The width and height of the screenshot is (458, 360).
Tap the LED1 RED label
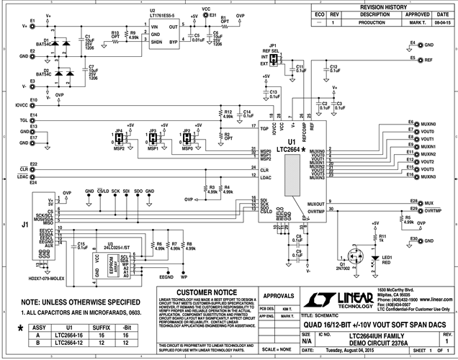click(387, 260)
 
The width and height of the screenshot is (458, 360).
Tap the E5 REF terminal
click(413, 60)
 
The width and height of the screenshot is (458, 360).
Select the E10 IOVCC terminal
click(31, 104)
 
